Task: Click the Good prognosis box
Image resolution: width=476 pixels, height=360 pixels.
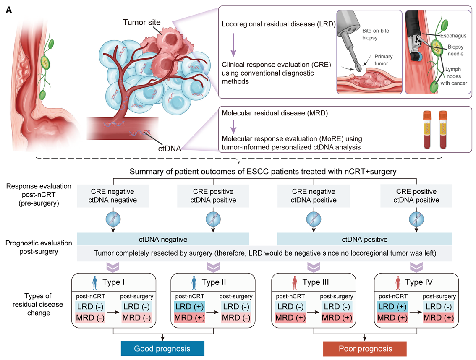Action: pos(162,348)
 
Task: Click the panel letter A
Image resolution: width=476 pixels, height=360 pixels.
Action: pos(9,9)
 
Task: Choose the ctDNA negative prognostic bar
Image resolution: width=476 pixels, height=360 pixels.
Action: pos(163,239)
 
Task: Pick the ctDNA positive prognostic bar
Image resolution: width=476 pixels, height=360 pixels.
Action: pos(364,239)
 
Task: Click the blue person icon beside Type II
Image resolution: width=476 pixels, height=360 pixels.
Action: pos(194,282)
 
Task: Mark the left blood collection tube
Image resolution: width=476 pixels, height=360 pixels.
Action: pos(427,130)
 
